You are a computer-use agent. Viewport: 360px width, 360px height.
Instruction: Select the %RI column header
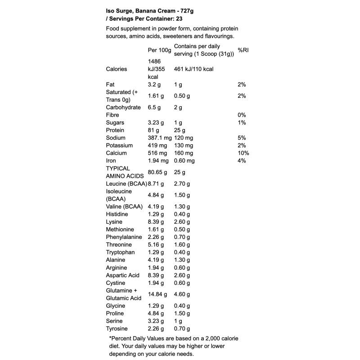[243, 50]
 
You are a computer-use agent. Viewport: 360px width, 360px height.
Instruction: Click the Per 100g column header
[159, 50]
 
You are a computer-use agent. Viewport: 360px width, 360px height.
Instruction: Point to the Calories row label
[117, 69]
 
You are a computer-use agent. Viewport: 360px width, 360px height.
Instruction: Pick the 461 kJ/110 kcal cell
[193, 69]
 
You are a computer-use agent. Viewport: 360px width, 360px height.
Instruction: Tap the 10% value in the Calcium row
[243, 153]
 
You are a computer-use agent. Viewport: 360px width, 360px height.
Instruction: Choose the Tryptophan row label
[121, 252]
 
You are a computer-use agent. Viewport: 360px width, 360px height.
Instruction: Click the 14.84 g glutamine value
[157, 294]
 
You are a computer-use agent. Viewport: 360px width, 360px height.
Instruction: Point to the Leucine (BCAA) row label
[126, 184]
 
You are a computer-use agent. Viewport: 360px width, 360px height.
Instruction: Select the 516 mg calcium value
[157, 153]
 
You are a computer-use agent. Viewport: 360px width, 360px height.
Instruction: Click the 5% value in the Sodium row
[242, 138]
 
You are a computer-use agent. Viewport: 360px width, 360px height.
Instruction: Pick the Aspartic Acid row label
[123, 275]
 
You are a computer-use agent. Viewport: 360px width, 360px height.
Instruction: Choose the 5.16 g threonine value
[156, 244]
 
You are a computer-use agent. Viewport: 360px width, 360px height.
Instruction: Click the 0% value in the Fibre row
[242, 115]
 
